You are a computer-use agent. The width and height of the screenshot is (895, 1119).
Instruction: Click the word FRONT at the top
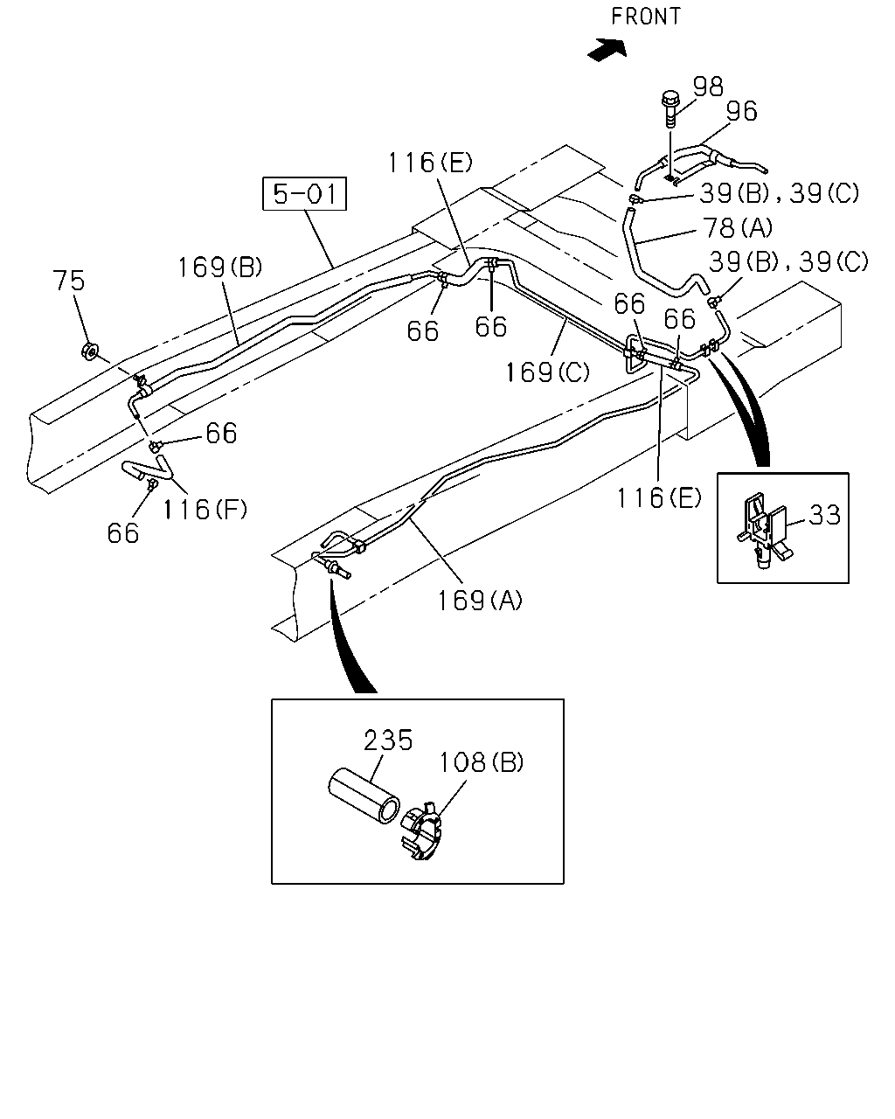click(645, 17)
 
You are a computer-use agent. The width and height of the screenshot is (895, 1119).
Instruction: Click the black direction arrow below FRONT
click(607, 50)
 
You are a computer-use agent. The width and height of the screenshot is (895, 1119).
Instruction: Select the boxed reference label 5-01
click(304, 193)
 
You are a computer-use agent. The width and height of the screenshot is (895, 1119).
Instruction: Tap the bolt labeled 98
click(670, 110)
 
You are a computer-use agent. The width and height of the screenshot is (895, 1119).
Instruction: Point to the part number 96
click(741, 111)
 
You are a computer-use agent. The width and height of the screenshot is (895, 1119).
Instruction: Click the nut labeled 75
click(91, 351)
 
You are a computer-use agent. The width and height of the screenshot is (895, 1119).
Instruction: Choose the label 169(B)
click(220, 268)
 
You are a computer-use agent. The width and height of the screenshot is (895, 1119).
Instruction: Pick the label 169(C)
click(548, 372)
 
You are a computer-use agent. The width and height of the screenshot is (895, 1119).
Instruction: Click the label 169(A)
click(480, 600)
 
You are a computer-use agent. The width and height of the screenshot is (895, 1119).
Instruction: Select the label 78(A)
click(738, 228)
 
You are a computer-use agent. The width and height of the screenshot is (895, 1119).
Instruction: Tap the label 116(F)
click(205, 509)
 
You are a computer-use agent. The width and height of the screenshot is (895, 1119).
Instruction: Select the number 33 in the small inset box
click(824, 515)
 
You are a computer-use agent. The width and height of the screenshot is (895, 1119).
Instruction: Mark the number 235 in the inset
click(388, 740)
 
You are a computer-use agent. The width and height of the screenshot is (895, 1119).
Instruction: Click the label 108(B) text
click(481, 763)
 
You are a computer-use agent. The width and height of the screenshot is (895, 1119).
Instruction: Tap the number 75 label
click(69, 281)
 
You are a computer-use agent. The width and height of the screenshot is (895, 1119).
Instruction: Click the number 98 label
click(708, 87)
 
